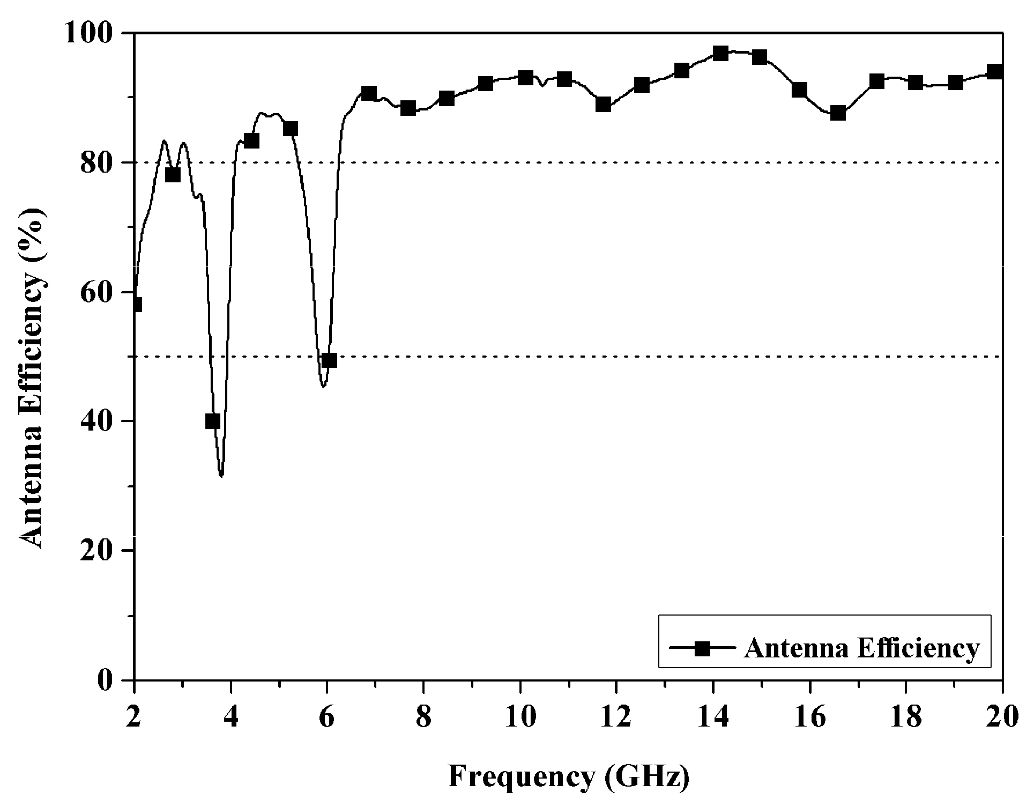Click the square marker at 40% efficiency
[213, 421]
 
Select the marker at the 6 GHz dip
[329, 360]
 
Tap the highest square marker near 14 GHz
[720, 54]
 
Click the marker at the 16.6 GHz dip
[838, 113]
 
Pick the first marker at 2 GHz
[135, 305]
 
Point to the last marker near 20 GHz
[995, 72]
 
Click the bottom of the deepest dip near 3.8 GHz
[221, 475]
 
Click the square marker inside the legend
[703, 648]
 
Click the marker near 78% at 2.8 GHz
[173, 175]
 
